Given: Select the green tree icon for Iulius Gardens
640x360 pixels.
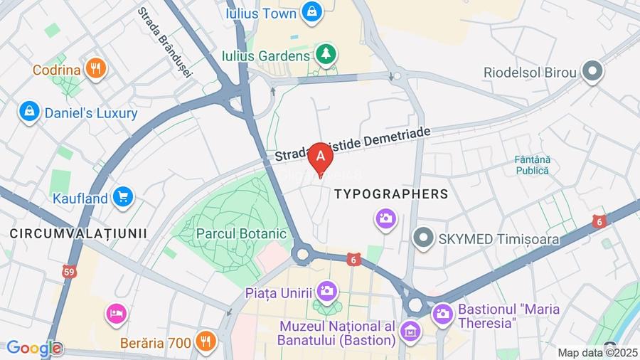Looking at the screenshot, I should point(326,55).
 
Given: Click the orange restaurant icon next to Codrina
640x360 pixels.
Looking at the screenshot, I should point(95,69).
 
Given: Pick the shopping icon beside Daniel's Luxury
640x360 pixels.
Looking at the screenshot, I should point(29,112).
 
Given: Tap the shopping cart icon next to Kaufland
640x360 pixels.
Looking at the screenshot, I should point(123,197).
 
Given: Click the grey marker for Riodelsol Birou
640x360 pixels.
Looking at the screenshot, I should point(592,72).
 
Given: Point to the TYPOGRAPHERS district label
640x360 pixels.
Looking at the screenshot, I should point(391,194).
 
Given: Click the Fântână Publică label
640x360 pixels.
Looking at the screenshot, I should point(533,165).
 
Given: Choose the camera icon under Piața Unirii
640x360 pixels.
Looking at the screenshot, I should point(326,291).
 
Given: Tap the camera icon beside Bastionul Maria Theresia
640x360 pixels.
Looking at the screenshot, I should point(442,312).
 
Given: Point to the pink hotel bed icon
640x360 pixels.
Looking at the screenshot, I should point(116,312).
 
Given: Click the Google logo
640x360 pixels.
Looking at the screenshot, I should point(33,349).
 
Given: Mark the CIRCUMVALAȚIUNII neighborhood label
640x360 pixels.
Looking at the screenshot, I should point(78,233).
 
